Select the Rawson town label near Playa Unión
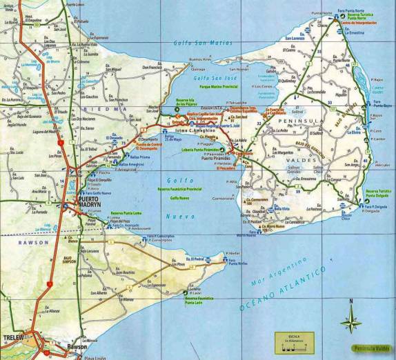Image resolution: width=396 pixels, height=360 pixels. [78, 347]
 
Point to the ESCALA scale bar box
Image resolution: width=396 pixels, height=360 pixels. [293, 341]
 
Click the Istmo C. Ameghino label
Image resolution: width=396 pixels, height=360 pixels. [201, 130]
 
